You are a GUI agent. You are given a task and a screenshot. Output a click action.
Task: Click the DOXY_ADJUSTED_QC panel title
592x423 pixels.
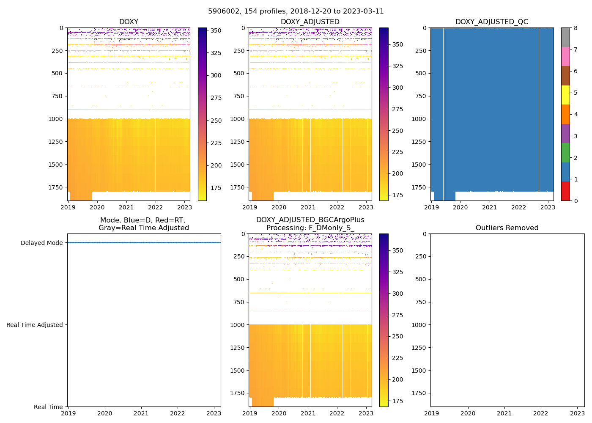pos(491,22)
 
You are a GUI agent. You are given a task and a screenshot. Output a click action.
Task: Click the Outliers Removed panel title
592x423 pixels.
pos(507,228)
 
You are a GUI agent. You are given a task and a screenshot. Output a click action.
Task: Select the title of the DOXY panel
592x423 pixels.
pos(129,22)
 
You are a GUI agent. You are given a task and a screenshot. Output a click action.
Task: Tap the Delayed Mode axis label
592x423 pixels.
pos(41,243)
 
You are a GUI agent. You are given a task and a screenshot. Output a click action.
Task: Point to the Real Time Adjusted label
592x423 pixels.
pos(35,325)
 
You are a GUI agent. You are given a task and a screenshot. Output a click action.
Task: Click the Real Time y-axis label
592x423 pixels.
pos(48,407)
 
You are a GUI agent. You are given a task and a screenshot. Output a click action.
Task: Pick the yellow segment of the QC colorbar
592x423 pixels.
pos(565,95)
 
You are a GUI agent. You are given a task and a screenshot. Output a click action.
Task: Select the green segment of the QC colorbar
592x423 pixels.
pos(565,153)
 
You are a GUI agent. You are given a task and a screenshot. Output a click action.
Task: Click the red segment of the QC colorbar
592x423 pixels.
pos(565,191)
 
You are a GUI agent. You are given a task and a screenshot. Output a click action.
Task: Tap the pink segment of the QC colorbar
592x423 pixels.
pos(565,56)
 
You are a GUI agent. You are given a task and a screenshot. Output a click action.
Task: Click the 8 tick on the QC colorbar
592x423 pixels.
pos(575,28)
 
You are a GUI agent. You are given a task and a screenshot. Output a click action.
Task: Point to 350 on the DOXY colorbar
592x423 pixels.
pos(216,30)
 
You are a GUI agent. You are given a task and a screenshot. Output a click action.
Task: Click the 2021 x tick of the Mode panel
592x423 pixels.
pos(141,413)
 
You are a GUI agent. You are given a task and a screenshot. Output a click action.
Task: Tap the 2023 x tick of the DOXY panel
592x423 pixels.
pos(184,207)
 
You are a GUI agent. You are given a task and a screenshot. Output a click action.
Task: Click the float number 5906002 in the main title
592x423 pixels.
pos(222,11)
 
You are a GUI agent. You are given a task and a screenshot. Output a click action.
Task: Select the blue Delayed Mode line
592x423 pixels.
pos(144,243)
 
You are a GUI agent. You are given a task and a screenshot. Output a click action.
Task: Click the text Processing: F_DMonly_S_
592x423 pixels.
pos(310,228)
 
